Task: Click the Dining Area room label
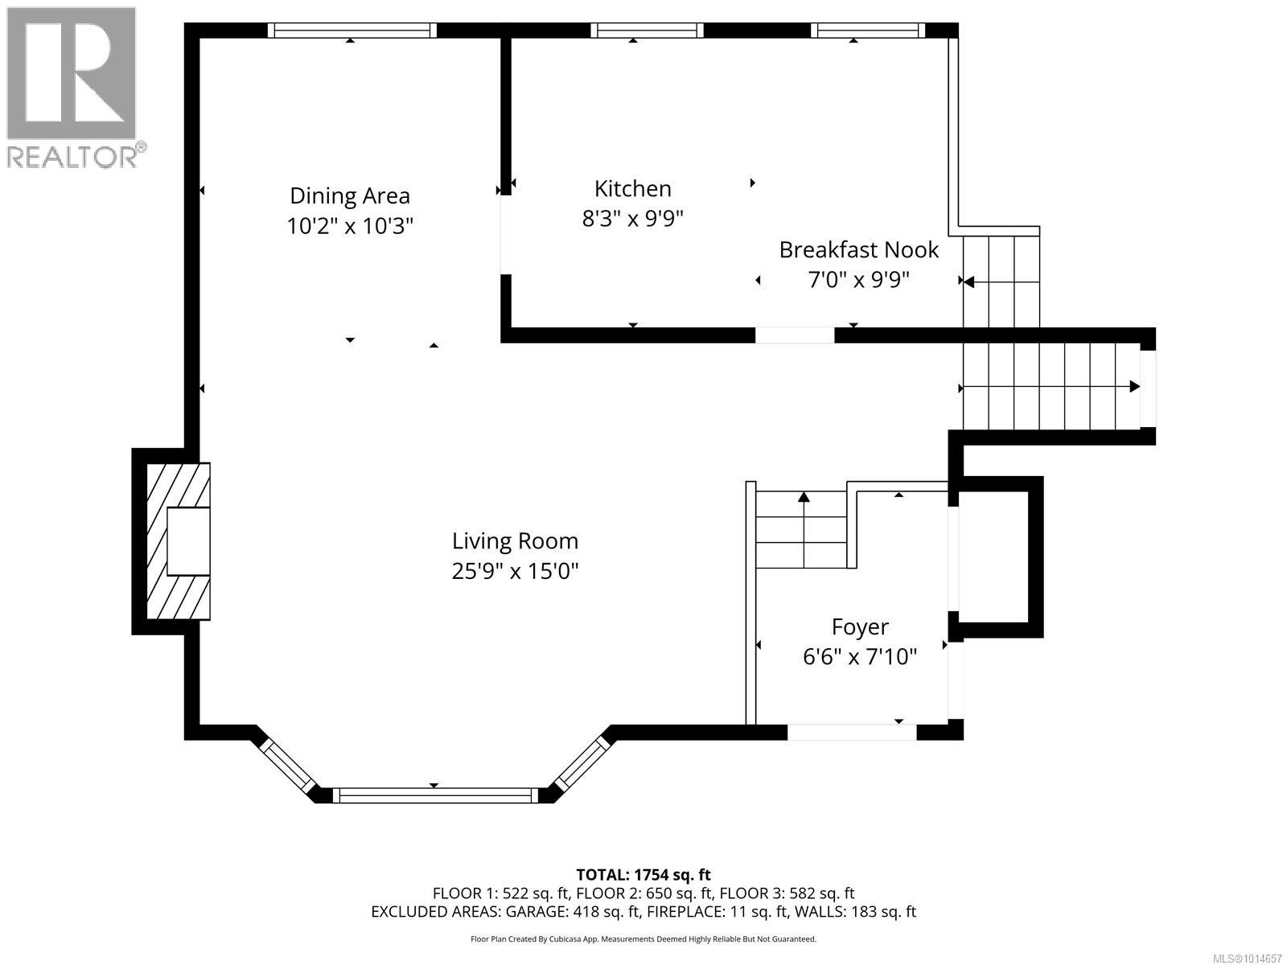click(x=350, y=195)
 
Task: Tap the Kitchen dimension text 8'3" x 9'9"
click(x=633, y=219)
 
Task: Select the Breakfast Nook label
click(x=858, y=250)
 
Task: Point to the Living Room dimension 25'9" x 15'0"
click(x=515, y=571)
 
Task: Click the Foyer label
click(x=860, y=627)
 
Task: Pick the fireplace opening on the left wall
click(x=188, y=541)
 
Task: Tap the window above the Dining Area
click(x=352, y=31)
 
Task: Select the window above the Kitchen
click(x=647, y=31)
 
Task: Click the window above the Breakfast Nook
click(x=868, y=31)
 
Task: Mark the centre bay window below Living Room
click(x=435, y=795)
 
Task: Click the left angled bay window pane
click(x=286, y=765)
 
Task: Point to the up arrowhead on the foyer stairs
click(x=804, y=497)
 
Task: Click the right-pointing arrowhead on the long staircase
click(x=1134, y=387)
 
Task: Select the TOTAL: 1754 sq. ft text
click(x=643, y=875)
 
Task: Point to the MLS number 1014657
click(x=1247, y=959)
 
